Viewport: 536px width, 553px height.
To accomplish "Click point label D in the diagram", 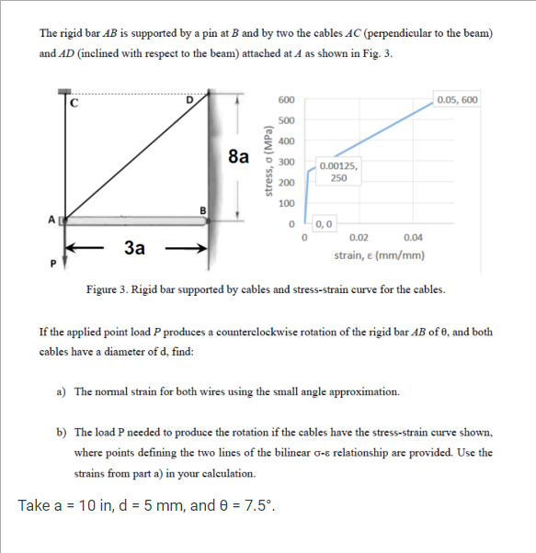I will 190,99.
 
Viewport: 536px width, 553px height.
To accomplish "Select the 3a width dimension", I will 134,245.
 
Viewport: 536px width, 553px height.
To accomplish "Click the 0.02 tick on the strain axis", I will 360,237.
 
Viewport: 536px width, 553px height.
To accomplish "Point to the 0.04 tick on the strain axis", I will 414,237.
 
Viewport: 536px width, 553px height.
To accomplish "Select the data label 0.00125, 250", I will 338,172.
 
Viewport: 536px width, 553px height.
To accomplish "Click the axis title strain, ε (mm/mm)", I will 379,255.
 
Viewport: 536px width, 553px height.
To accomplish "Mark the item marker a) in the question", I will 61,391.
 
